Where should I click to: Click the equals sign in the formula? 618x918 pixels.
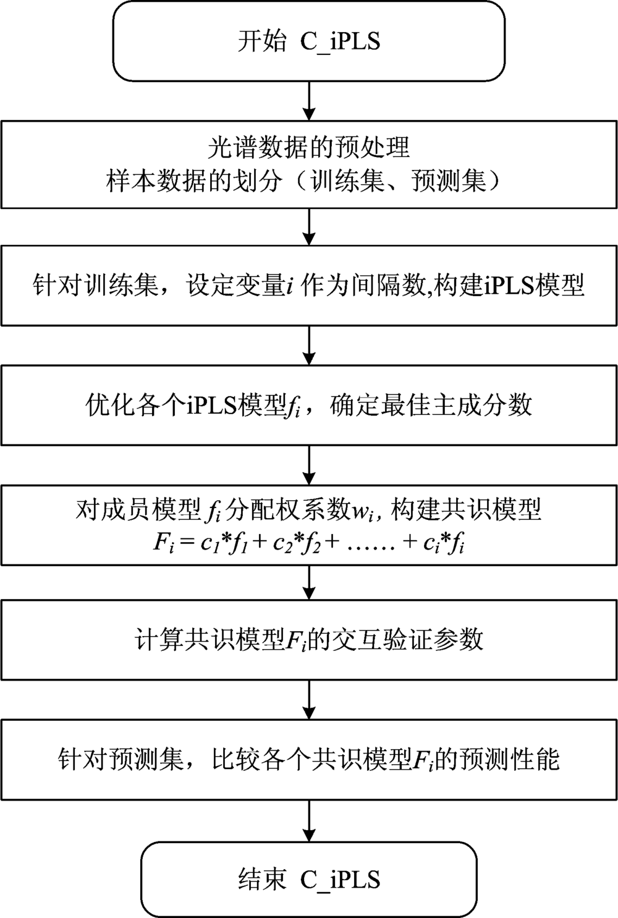(x=187, y=543)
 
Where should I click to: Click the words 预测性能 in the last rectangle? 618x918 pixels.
(x=510, y=760)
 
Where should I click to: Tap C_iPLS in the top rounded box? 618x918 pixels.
(x=340, y=42)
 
